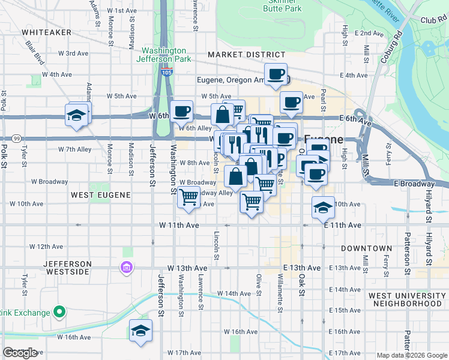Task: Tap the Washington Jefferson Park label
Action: pos(166,55)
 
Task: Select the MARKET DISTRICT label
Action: pos(238,55)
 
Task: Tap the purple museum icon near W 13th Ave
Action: pos(127,267)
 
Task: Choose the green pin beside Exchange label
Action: pos(59,312)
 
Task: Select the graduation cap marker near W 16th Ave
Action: pos(140,331)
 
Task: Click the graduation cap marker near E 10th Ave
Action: pos(323,208)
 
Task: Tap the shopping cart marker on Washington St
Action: pos(189,196)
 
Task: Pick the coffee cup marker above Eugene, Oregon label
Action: pos(276,74)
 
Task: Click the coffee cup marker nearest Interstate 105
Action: pos(181,112)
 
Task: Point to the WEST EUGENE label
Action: pos(97,195)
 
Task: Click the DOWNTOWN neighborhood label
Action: pos(366,248)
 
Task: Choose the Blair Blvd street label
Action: pos(35,53)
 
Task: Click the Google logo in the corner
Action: pos(20,353)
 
